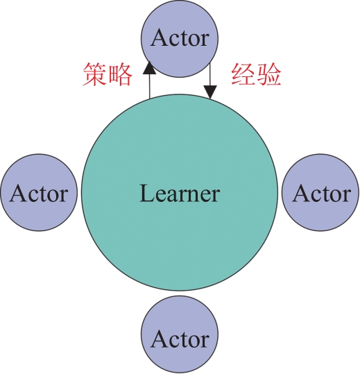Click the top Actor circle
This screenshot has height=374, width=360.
[x=180, y=39]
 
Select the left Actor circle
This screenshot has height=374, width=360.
[x=39, y=192]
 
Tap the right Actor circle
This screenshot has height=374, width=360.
[x=320, y=192]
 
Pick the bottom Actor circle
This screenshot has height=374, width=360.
[x=180, y=335]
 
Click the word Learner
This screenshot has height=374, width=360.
[x=179, y=194]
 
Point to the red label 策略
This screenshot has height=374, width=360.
[x=108, y=74]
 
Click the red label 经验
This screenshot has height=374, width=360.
[x=256, y=74]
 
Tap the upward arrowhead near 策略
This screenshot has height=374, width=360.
[x=150, y=67]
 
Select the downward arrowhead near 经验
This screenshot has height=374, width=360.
[x=210, y=92]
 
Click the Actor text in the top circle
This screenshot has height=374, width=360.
[x=180, y=38]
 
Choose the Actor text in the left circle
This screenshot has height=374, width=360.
[x=39, y=194]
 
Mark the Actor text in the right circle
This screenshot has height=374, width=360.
[x=321, y=194]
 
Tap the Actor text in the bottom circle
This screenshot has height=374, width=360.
[x=180, y=339]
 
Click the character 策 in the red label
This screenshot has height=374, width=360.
[x=94, y=74]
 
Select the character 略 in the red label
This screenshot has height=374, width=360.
[x=120, y=74]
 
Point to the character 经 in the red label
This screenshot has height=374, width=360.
[x=243, y=74]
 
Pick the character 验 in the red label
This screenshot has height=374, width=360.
[x=269, y=74]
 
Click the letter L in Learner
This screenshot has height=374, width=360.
[x=146, y=193]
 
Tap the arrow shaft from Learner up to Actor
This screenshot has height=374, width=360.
[x=150, y=86]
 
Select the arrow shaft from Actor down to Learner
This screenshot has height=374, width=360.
[x=210, y=74]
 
